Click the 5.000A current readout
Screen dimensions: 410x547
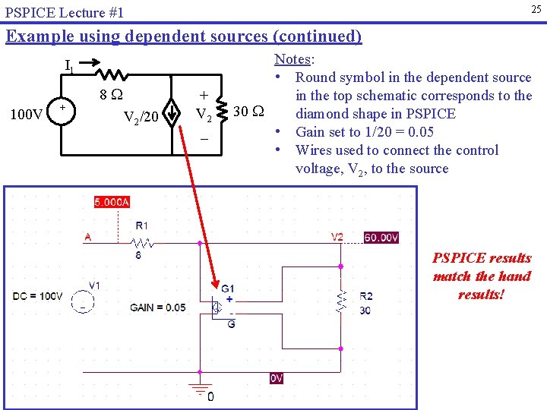[x=112, y=202]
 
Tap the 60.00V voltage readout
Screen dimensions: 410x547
[x=381, y=238]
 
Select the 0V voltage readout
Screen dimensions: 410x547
[x=277, y=378]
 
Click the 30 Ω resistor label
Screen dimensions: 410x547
[x=248, y=111]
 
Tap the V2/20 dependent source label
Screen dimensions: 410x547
[x=141, y=117]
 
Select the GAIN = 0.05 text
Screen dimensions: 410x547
[x=157, y=307]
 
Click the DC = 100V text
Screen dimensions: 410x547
[x=38, y=296]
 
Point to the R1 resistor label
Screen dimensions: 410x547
[x=142, y=225]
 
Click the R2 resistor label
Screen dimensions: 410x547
[x=365, y=296]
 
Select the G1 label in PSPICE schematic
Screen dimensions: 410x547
[x=228, y=289]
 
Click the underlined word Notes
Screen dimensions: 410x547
[x=292, y=59]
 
